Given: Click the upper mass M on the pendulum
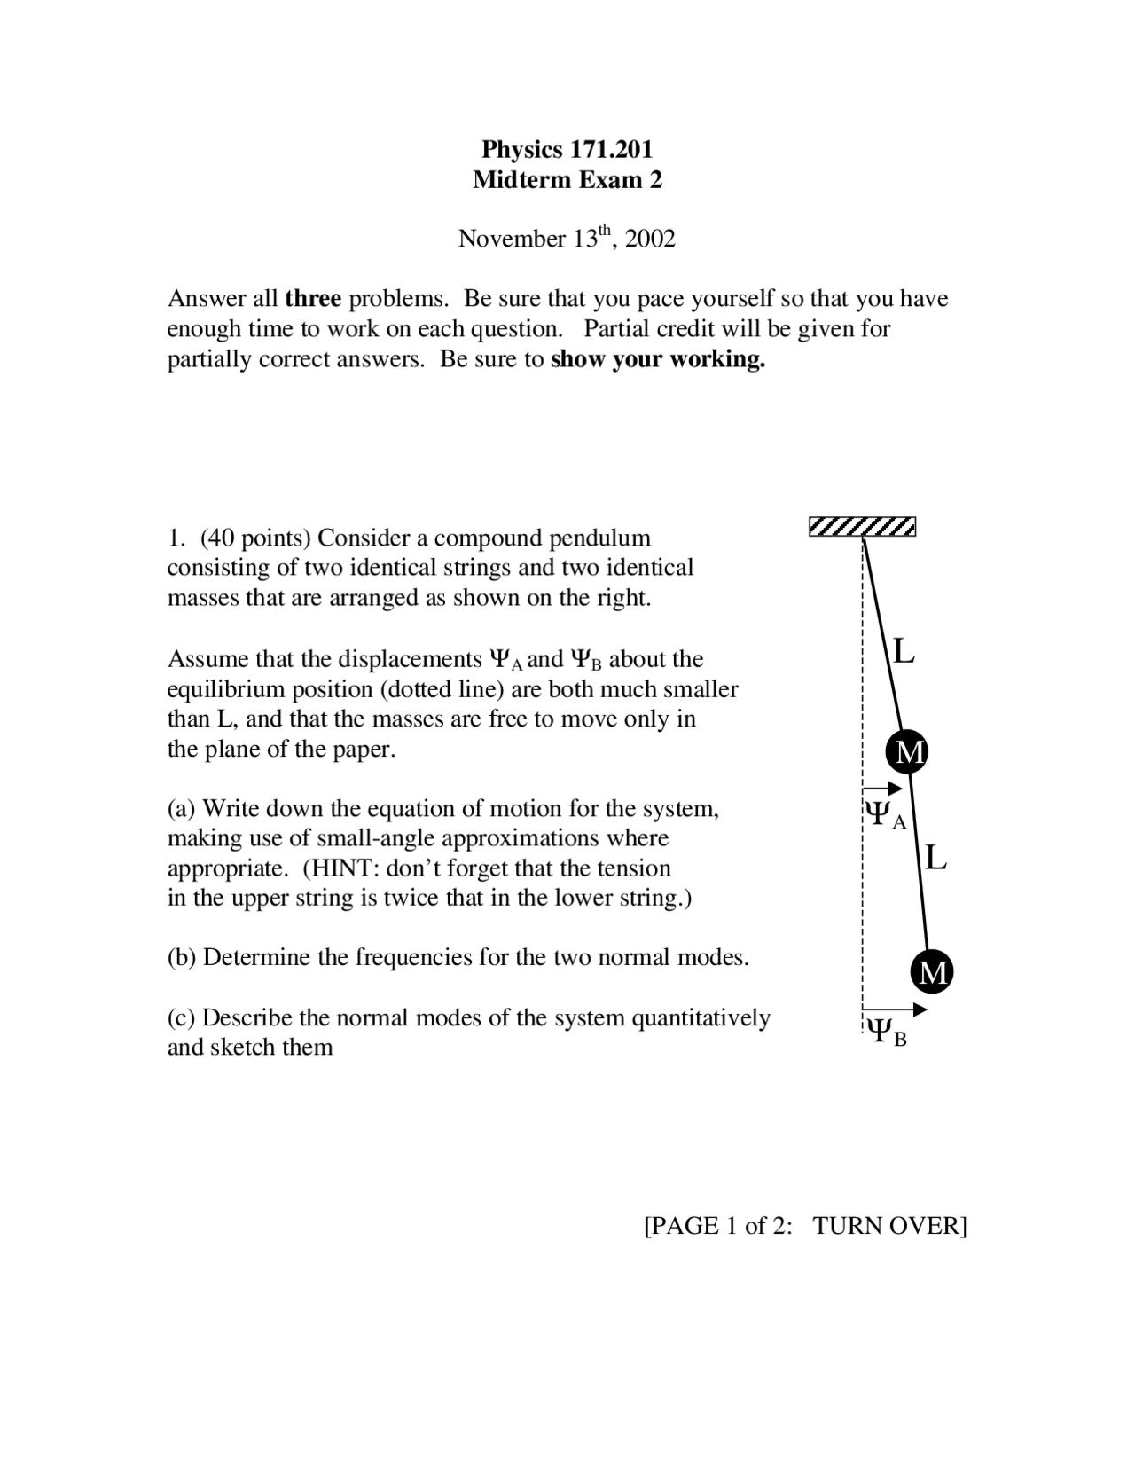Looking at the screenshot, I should pyautogui.click(x=906, y=751).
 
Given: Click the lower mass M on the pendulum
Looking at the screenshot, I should pyautogui.click(x=932, y=972).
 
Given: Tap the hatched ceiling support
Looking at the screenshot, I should pyautogui.click(x=862, y=527).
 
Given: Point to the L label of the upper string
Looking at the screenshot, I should pyautogui.click(x=904, y=652).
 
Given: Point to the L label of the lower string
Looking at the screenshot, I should pyautogui.click(x=935, y=858).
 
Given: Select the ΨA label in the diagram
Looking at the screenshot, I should pyautogui.click(x=885, y=814).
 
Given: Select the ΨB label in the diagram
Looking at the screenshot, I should pyautogui.click(x=886, y=1032).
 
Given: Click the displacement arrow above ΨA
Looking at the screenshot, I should pyautogui.click(x=882, y=788).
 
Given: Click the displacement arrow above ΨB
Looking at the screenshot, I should pyautogui.click(x=895, y=1009).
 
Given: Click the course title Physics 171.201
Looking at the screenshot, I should pyautogui.click(x=567, y=148).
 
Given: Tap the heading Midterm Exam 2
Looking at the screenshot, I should pyautogui.click(x=567, y=180).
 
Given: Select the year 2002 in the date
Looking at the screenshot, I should pyautogui.click(x=650, y=239).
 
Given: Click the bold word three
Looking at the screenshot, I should pyautogui.click(x=312, y=298).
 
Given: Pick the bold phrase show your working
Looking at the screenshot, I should pyautogui.click(x=657, y=359).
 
